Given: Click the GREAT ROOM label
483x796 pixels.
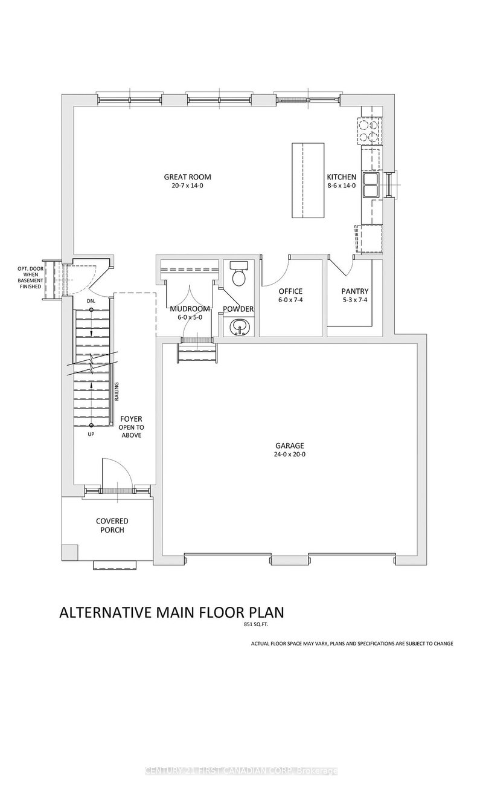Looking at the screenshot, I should (187, 177).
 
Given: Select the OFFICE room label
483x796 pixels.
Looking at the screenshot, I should (290, 291).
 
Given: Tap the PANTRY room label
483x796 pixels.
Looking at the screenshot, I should (354, 291).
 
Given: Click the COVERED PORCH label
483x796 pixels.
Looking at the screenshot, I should (112, 525).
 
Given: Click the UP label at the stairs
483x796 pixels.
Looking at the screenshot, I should (91, 434).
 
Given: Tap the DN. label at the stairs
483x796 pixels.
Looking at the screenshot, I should (91, 300).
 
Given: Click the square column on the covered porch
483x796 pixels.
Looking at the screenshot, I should (69, 552).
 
